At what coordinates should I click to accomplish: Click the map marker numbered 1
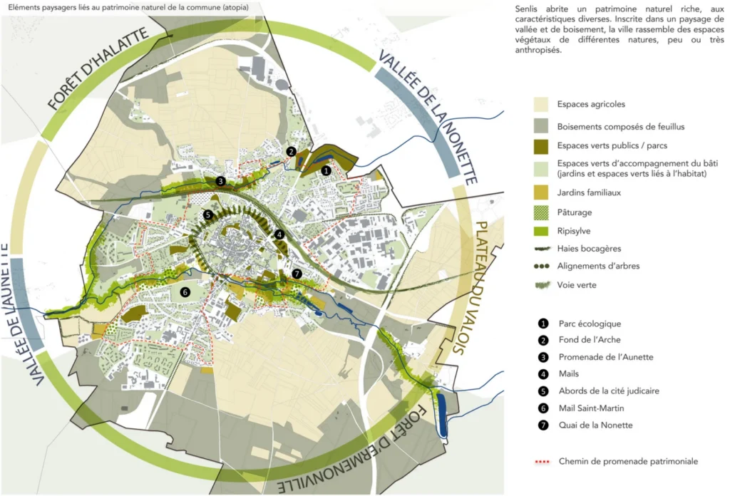326,171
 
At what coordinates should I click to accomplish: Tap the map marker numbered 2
292,151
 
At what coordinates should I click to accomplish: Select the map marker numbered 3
221,181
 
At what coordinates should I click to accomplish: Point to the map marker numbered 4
279,234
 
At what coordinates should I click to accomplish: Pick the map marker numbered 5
207,215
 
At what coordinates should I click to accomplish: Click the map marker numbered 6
185,292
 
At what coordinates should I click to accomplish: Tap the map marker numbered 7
297,274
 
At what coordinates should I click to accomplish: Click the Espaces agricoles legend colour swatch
541,104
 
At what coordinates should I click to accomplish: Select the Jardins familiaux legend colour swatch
541,192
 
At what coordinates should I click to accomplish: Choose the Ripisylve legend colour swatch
541,231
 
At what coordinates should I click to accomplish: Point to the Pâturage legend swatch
541,212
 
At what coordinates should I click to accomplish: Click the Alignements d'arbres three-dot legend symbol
542,267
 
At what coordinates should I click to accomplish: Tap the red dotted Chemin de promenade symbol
542,462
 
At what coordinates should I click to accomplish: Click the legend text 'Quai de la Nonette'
595,425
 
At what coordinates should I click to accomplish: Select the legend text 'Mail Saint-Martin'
591,408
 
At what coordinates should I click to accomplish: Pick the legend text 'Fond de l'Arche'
590,340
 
